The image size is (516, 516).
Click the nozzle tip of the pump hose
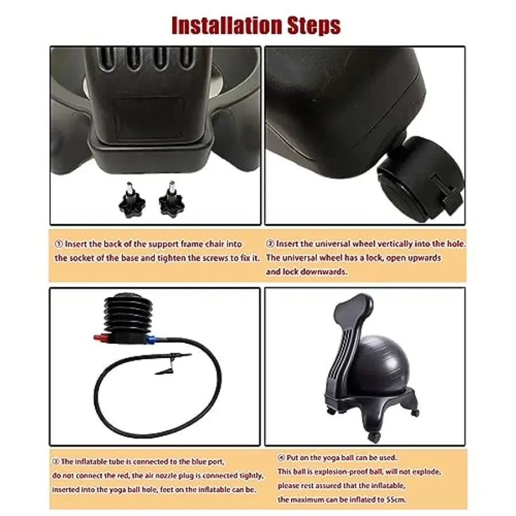point(162,371)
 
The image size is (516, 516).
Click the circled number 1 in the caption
point(58,244)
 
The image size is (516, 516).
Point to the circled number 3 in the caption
point(56,461)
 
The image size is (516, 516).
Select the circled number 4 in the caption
point(281,458)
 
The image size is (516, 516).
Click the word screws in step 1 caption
point(211,258)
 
